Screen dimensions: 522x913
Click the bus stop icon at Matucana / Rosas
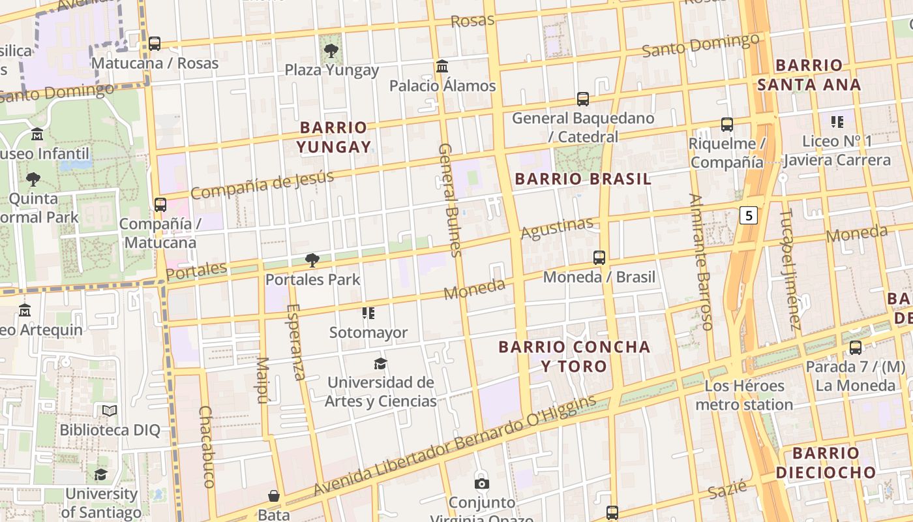[155, 44]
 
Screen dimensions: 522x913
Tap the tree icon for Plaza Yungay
[331, 50]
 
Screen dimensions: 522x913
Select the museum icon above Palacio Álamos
[442, 67]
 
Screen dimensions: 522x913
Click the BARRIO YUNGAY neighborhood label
[334, 137]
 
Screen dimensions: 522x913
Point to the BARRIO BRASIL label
[583, 179]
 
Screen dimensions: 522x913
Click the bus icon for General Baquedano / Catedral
[583, 99]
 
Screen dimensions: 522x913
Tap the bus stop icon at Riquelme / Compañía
[726, 125]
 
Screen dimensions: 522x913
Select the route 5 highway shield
[749, 215]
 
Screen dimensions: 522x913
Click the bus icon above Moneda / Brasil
[599, 258]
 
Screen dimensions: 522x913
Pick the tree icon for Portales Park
[312, 260]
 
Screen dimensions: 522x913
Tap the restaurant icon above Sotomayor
[368, 313]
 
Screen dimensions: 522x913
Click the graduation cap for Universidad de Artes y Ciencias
[380, 363]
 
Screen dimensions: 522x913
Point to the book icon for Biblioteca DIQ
[110, 411]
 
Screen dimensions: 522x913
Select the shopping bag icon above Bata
[274, 496]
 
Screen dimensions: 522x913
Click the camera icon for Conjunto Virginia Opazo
[481, 484]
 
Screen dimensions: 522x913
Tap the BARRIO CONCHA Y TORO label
[575, 356]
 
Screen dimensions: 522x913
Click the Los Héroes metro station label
[744, 395]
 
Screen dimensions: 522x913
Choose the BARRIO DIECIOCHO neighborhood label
[826, 463]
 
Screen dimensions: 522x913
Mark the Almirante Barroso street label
[700, 261]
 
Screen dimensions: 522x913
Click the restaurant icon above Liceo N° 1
[837, 121]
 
